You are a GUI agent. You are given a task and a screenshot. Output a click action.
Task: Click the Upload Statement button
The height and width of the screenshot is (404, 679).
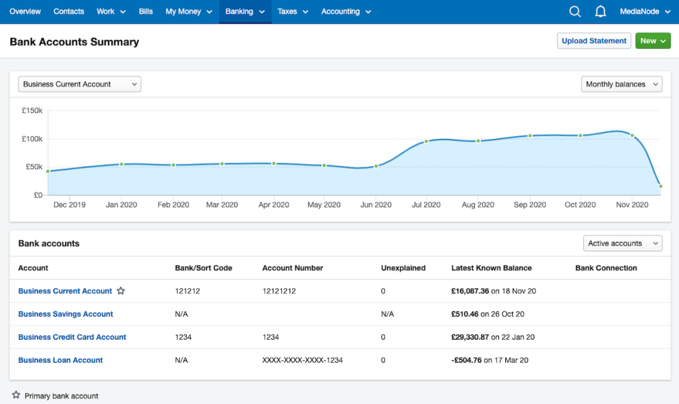click(x=594, y=41)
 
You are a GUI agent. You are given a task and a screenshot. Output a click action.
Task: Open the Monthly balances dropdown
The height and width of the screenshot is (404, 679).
click(x=621, y=84)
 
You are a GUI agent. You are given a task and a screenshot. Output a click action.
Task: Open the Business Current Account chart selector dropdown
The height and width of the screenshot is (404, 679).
click(x=79, y=84)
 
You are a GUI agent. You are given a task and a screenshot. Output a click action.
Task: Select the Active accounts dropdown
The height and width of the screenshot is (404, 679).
click(x=623, y=243)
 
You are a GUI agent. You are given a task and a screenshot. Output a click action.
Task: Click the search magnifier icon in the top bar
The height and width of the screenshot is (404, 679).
click(x=575, y=12)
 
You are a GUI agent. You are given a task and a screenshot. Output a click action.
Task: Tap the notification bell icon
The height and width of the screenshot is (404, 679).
click(x=600, y=12)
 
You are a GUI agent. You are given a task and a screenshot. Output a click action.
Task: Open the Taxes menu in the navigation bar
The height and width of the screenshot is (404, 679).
click(x=293, y=12)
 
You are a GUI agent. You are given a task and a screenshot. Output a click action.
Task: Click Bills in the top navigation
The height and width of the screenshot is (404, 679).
click(x=146, y=12)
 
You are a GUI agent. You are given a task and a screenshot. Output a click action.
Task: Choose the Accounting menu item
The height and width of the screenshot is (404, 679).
click(x=346, y=12)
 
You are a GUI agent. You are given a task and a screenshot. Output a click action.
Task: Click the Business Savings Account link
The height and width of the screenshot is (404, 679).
click(x=66, y=314)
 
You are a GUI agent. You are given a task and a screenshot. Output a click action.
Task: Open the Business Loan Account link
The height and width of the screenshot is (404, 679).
click(x=60, y=360)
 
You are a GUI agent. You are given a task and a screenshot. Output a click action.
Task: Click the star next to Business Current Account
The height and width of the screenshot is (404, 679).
click(x=121, y=291)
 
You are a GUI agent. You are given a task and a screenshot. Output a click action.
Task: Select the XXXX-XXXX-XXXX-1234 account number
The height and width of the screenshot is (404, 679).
click(x=302, y=360)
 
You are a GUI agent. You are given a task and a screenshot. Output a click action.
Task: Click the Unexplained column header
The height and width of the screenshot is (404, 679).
click(x=403, y=268)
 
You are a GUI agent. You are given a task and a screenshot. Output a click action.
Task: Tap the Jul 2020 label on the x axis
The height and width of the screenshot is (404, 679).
click(x=426, y=205)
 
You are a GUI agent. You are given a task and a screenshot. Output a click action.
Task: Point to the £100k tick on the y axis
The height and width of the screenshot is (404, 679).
click(x=32, y=139)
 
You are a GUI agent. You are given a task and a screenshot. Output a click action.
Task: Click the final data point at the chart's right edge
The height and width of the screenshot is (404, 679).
click(x=660, y=186)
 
